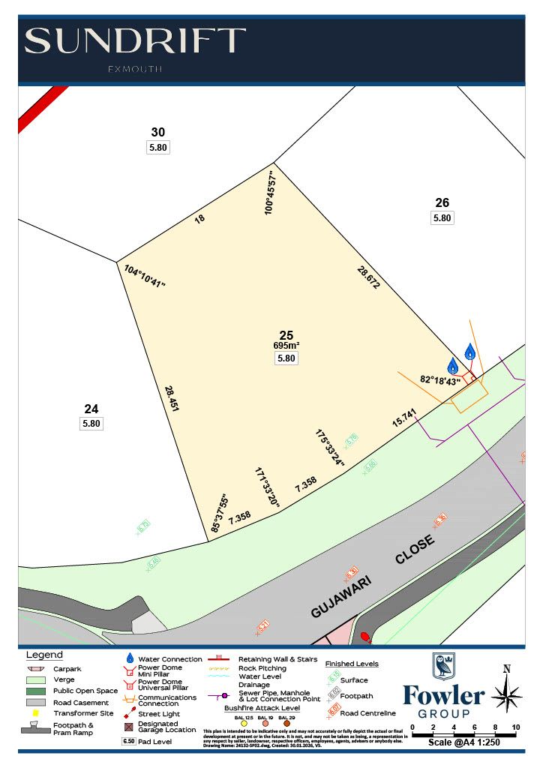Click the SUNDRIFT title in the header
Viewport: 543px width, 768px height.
coord(135,41)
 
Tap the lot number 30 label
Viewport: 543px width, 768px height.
coord(157,132)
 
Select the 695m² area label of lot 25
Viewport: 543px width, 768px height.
coord(286,346)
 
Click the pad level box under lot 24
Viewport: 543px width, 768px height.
coord(91,424)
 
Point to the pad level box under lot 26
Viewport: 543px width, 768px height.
coord(442,218)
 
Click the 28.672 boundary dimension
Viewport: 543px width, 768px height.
coord(368,277)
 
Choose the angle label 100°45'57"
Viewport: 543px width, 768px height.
coord(271,193)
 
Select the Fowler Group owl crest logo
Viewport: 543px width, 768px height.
coord(443,667)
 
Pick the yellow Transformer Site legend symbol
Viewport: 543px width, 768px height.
coord(35,712)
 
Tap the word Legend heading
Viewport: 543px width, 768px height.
coord(45,655)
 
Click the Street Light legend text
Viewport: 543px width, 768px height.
coord(159,714)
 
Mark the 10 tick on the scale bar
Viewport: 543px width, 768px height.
coord(516,727)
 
